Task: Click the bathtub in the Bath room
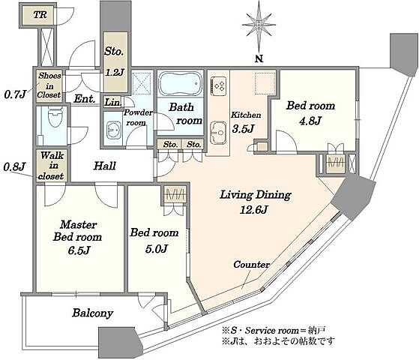tap(181, 82)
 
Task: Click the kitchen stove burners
tap(219, 85)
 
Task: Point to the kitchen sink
tap(218, 133)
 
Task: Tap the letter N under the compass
tap(259, 58)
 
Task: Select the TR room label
tap(40, 15)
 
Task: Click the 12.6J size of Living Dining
tap(253, 209)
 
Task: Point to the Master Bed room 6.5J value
tap(79, 250)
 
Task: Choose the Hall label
tap(104, 166)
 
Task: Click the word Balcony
tap(93, 313)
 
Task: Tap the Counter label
tap(251, 265)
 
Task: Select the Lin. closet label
tap(113, 102)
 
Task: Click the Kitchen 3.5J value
tap(243, 129)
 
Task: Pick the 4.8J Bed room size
tap(310, 121)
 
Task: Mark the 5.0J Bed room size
tap(157, 249)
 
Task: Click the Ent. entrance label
tap(85, 99)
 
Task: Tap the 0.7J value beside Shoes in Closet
tap(15, 94)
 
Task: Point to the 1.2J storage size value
tap(115, 72)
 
